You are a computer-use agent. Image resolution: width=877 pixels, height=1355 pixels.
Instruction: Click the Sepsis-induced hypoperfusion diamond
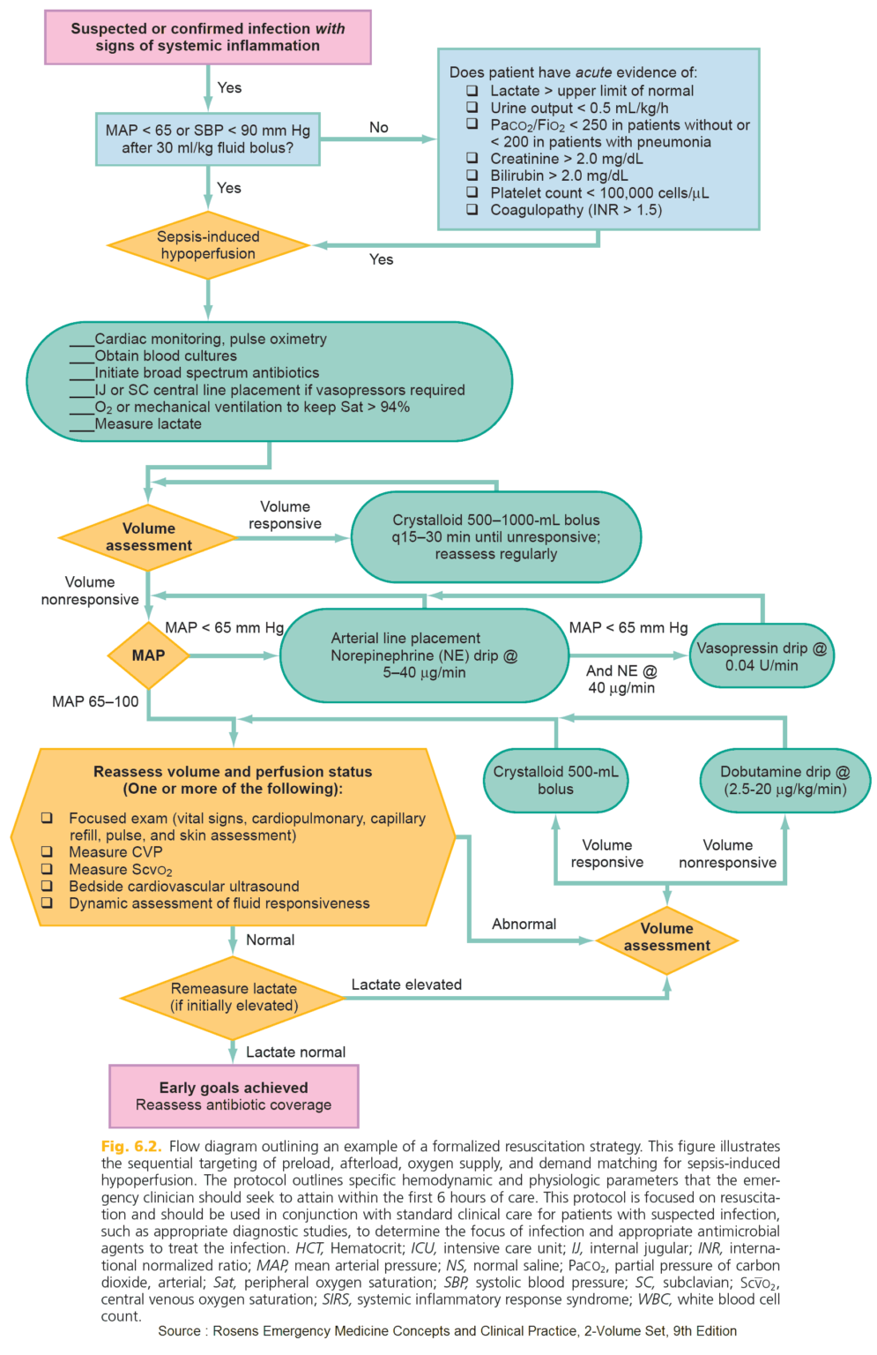tap(208, 245)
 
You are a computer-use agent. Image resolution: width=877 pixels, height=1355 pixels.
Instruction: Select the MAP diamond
tap(148, 655)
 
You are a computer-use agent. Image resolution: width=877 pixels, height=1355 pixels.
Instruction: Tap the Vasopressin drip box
tap(762, 656)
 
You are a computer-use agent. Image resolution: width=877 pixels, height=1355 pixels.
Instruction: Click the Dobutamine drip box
tap(784, 780)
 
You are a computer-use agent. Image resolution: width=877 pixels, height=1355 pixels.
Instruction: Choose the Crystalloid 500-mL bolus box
tap(555, 780)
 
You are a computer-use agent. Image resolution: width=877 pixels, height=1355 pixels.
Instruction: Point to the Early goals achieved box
tap(234, 1096)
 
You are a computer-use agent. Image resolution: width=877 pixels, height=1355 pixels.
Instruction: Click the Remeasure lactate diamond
tap(234, 997)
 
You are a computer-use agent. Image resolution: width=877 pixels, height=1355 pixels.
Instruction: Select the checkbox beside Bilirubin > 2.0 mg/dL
tap(472, 176)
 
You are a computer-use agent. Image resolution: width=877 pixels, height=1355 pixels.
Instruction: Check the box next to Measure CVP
tap(47, 852)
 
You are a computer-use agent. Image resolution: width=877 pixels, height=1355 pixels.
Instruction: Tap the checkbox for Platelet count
tap(472, 192)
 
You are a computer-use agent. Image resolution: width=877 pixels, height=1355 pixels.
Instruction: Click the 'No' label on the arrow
tap(379, 127)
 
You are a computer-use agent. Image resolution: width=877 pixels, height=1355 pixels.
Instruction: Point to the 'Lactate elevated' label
tap(406, 984)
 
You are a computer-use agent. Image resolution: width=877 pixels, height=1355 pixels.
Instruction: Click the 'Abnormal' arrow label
tap(524, 924)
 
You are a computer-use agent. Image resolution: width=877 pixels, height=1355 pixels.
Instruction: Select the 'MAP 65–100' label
tap(95, 701)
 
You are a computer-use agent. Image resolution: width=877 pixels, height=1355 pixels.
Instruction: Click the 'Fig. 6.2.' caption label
tap(131, 1146)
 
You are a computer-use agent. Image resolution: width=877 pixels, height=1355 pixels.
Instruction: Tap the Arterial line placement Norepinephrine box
tap(424, 655)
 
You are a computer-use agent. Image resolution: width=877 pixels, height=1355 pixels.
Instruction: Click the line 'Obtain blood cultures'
tap(166, 356)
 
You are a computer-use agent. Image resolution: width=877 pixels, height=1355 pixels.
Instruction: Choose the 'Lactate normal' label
tap(295, 1052)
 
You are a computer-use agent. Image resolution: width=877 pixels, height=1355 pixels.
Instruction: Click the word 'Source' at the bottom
tap(179, 1330)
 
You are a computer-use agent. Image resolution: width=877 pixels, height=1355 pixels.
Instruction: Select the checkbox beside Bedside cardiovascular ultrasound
tap(47, 886)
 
